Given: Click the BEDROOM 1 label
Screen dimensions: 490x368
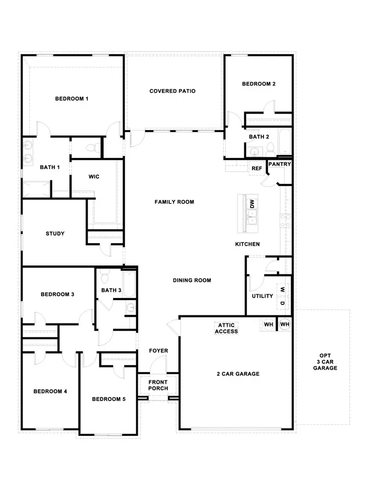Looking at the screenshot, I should [x=72, y=99].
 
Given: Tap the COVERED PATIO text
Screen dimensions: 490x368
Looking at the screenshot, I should [x=172, y=91].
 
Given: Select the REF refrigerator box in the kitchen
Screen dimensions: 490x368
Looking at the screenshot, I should [x=257, y=168].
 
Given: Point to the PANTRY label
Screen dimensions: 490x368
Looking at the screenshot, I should [x=279, y=164].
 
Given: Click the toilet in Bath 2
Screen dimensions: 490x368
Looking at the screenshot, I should [x=269, y=149].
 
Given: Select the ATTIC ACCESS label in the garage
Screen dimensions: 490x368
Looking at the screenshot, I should [x=226, y=328].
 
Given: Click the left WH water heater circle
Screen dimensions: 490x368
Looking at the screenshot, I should [x=268, y=324].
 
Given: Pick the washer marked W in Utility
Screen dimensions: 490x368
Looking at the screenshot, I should [x=283, y=290].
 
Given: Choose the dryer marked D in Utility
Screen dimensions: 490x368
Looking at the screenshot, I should [x=283, y=303].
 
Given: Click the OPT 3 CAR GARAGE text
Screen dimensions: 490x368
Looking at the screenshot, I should [x=325, y=362].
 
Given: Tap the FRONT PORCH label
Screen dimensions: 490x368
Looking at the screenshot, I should [x=158, y=385].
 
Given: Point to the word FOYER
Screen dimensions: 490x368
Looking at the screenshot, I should [x=158, y=351].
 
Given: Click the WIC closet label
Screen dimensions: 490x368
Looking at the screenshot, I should [x=94, y=177].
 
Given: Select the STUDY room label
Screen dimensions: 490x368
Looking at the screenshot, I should [x=55, y=234].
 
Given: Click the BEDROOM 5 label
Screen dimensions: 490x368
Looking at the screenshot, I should [x=109, y=399].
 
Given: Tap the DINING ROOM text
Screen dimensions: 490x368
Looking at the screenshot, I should [x=192, y=280].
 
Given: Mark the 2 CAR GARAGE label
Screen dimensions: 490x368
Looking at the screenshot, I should [x=238, y=374].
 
